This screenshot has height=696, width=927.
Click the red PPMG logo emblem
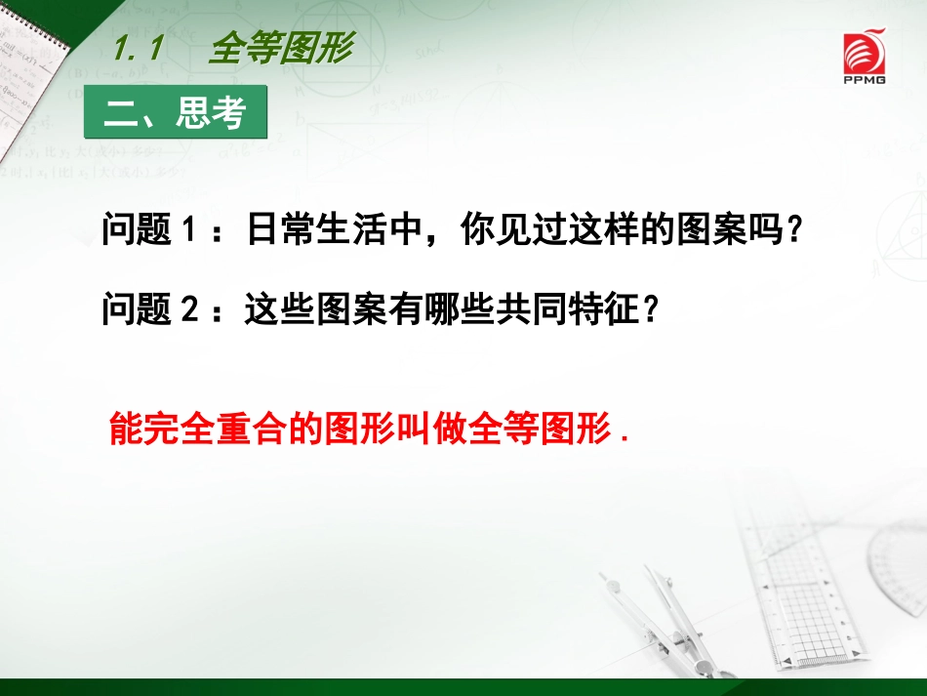pyautogui.click(x=865, y=50)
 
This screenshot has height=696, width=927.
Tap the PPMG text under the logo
pyautogui.click(x=865, y=80)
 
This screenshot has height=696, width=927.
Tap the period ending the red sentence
pyautogui.click(x=623, y=439)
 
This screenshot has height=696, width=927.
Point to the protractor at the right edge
pyautogui.click(x=898, y=576)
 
